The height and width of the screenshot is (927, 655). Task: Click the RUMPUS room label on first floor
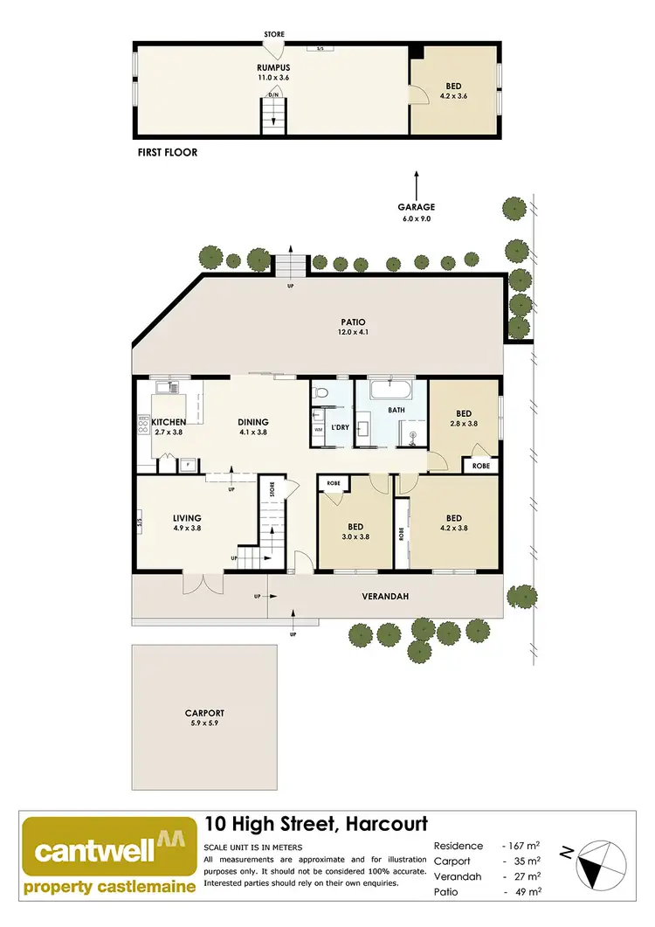click(x=273, y=67)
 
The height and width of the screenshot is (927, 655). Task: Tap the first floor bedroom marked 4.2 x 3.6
click(x=453, y=91)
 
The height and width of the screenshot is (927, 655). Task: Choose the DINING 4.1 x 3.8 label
click(x=253, y=426)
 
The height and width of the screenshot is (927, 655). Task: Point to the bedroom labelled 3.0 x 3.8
click(x=355, y=532)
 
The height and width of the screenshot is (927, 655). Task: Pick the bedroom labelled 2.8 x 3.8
click(x=464, y=419)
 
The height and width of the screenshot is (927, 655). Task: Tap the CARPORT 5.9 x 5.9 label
click(x=205, y=717)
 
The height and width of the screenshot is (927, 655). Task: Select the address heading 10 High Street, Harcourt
click(x=315, y=824)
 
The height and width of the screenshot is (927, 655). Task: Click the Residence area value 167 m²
click(x=521, y=846)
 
